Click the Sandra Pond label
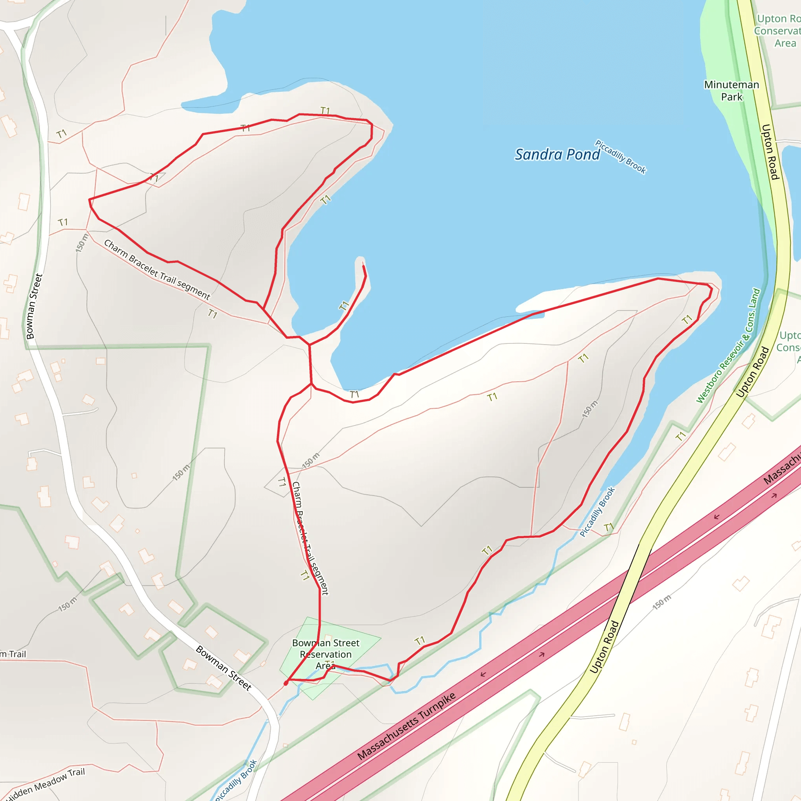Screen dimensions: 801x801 (x=557, y=154)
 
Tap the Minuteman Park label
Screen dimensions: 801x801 (x=731, y=90)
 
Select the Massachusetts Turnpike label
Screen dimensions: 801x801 (x=406, y=726)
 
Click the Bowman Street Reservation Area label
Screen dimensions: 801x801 (x=326, y=654)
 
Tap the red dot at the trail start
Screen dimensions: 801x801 (x=286, y=683)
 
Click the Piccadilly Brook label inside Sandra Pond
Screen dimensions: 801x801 (x=621, y=157)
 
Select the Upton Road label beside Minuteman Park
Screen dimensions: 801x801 (x=770, y=152)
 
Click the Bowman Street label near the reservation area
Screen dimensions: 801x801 (x=223, y=668)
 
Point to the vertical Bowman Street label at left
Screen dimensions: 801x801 (x=34, y=306)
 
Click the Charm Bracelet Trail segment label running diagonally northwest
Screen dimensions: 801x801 (x=157, y=269)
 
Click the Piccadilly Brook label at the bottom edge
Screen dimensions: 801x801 (x=236, y=780)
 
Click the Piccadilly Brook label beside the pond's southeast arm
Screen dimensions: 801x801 (x=597, y=512)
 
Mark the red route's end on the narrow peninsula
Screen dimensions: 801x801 (x=364, y=266)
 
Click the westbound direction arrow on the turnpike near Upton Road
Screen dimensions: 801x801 (x=717, y=517)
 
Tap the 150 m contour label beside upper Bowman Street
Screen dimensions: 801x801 (x=82, y=243)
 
